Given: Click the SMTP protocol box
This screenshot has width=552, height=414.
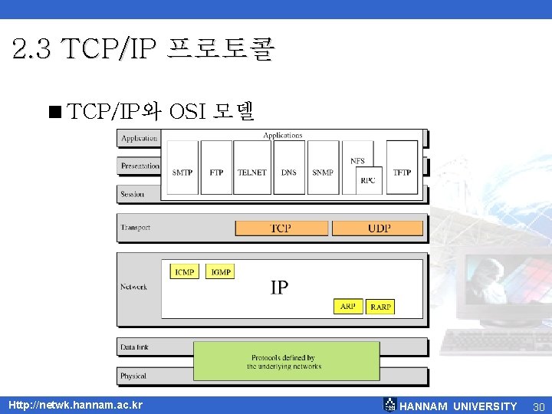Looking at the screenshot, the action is pos(182,172).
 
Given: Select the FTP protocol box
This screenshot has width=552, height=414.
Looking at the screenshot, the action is pos(216,172).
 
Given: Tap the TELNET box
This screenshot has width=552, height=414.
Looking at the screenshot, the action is pos(251,172).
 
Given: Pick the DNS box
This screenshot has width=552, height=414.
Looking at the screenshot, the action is pos(288,172).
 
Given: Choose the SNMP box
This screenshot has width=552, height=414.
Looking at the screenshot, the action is pos(323,172).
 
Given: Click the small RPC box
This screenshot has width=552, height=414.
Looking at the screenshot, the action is pos(369,180).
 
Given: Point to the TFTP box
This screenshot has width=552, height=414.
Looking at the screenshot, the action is pos(402,172).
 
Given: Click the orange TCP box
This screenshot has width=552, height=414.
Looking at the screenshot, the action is pos(281,228).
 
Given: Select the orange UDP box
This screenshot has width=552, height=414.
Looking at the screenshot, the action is pos(379,228).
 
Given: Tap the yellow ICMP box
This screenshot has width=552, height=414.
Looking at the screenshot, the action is pos(184,272).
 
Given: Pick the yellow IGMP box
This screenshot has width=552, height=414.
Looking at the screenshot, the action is pos(221,272).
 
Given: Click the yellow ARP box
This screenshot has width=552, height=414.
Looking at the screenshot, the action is pos(348,307).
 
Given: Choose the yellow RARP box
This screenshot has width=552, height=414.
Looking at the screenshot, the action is pos(380,307).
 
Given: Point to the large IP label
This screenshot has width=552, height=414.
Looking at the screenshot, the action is pos(279,287).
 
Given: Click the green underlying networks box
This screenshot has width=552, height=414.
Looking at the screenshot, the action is pos(287,362).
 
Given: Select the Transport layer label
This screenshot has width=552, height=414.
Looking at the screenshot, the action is pos(135,228).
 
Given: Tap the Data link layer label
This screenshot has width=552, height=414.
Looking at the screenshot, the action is pos(134,347).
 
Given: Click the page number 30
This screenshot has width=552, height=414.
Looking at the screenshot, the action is pos(538,406).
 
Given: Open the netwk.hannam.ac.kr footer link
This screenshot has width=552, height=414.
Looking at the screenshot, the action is pos(75,405).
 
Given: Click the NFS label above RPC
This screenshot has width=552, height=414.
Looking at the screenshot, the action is pos(357,161).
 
